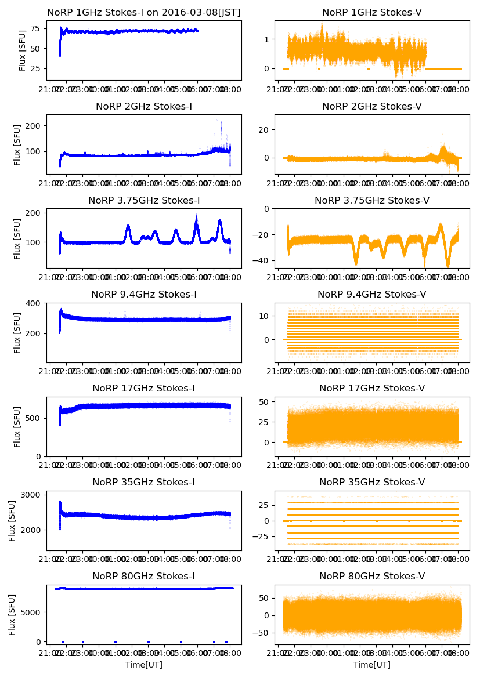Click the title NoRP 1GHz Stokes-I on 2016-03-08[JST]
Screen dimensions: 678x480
(x=144, y=12)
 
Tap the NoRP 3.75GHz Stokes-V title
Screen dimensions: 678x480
(x=372, y=200)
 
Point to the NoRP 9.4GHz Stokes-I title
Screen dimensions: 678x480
(x=144, y=294)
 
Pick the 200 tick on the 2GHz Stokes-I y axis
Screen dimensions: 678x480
(x=34, y=126)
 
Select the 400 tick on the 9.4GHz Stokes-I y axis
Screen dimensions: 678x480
(x=34, y=303)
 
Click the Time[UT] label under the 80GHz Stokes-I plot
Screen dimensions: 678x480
(x=144, y=664)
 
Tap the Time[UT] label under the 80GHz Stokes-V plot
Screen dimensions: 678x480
(x=372, y=664)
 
